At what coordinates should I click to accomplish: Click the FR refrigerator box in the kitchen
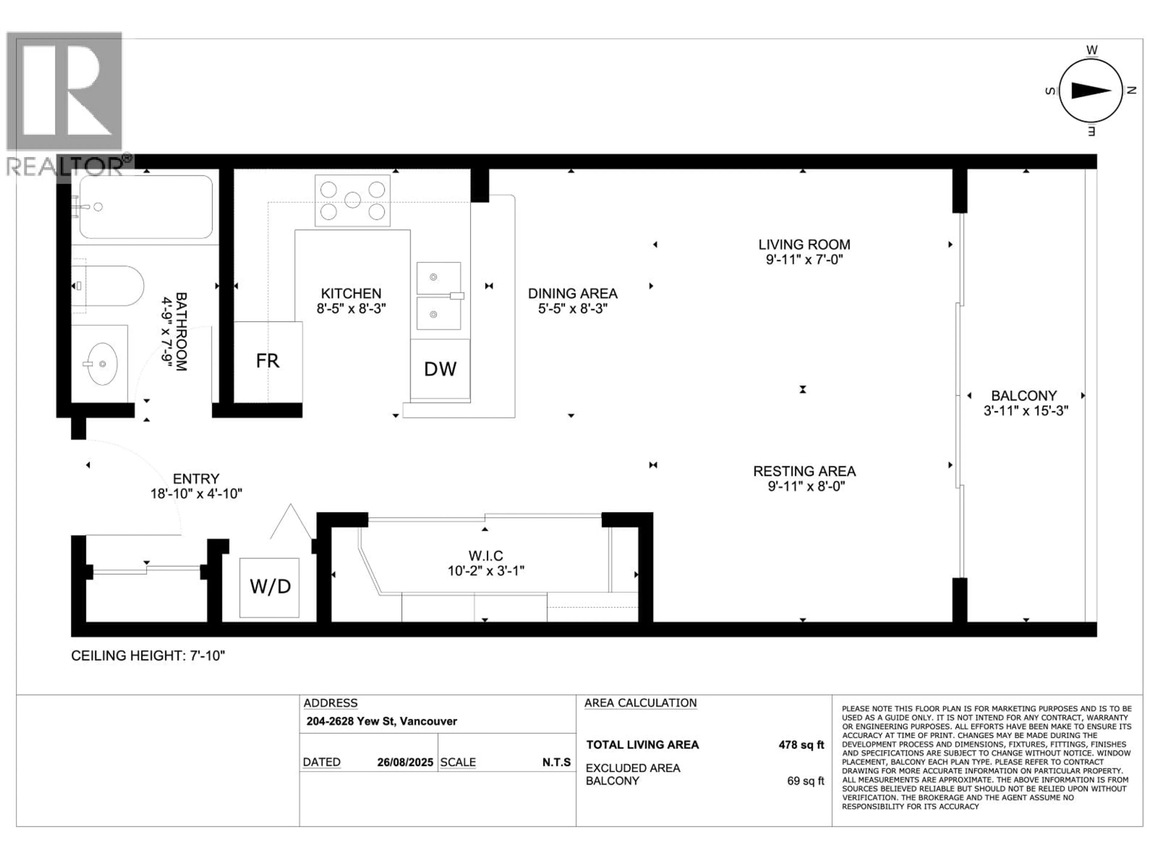(268, 361)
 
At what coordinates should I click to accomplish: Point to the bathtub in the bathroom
(146, 207)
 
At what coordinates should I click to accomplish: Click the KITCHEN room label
(351, 294)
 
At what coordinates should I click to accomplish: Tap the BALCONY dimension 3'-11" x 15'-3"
(1025, 411)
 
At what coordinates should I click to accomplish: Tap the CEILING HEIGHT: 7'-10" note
(148, 656)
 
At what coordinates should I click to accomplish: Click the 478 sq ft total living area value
(801, 744)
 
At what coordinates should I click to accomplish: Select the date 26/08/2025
(405, 762)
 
